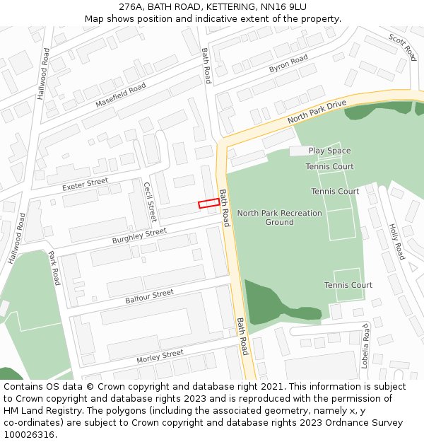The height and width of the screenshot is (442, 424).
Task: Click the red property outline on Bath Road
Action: [208, 204]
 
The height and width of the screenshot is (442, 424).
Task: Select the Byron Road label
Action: [288, 64]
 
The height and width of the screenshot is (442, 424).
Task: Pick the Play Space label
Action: [329, 151]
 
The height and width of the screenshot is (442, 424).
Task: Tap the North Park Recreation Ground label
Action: [279, 217]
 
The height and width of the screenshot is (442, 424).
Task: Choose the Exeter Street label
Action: [86, 185]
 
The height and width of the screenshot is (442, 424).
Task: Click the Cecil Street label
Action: [149, 202]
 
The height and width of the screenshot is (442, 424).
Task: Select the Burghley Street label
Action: [139, 236]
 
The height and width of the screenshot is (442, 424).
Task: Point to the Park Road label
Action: [55, 268]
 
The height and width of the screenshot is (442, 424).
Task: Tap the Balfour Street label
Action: [149, 296]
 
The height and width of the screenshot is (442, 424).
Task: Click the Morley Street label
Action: [160, 356]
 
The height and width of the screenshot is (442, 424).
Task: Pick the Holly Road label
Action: [396, 242]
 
